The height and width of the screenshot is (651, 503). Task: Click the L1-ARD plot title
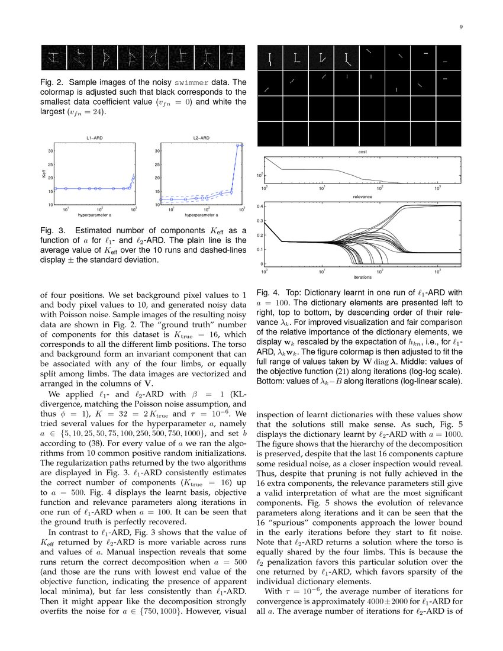click(95, 138)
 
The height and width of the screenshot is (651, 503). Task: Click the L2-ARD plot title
click(201, 138)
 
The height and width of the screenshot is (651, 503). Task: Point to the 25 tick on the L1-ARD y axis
click(50, 165)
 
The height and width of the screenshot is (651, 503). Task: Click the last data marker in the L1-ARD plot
click(134, 177)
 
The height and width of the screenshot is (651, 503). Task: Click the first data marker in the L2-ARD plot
click(163, 199)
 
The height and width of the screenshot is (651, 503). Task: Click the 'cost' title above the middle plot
click(362, 152)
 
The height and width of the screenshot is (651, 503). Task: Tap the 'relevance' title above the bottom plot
click(362, 196)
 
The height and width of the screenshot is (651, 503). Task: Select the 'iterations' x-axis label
click(362, 276)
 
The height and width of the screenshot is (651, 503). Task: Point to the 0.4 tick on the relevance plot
click(259, 207)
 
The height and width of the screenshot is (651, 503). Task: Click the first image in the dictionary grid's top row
click(270, 58)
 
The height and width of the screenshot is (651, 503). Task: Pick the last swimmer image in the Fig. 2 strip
click(234, 57)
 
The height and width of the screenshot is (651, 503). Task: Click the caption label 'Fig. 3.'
click(51, 230)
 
